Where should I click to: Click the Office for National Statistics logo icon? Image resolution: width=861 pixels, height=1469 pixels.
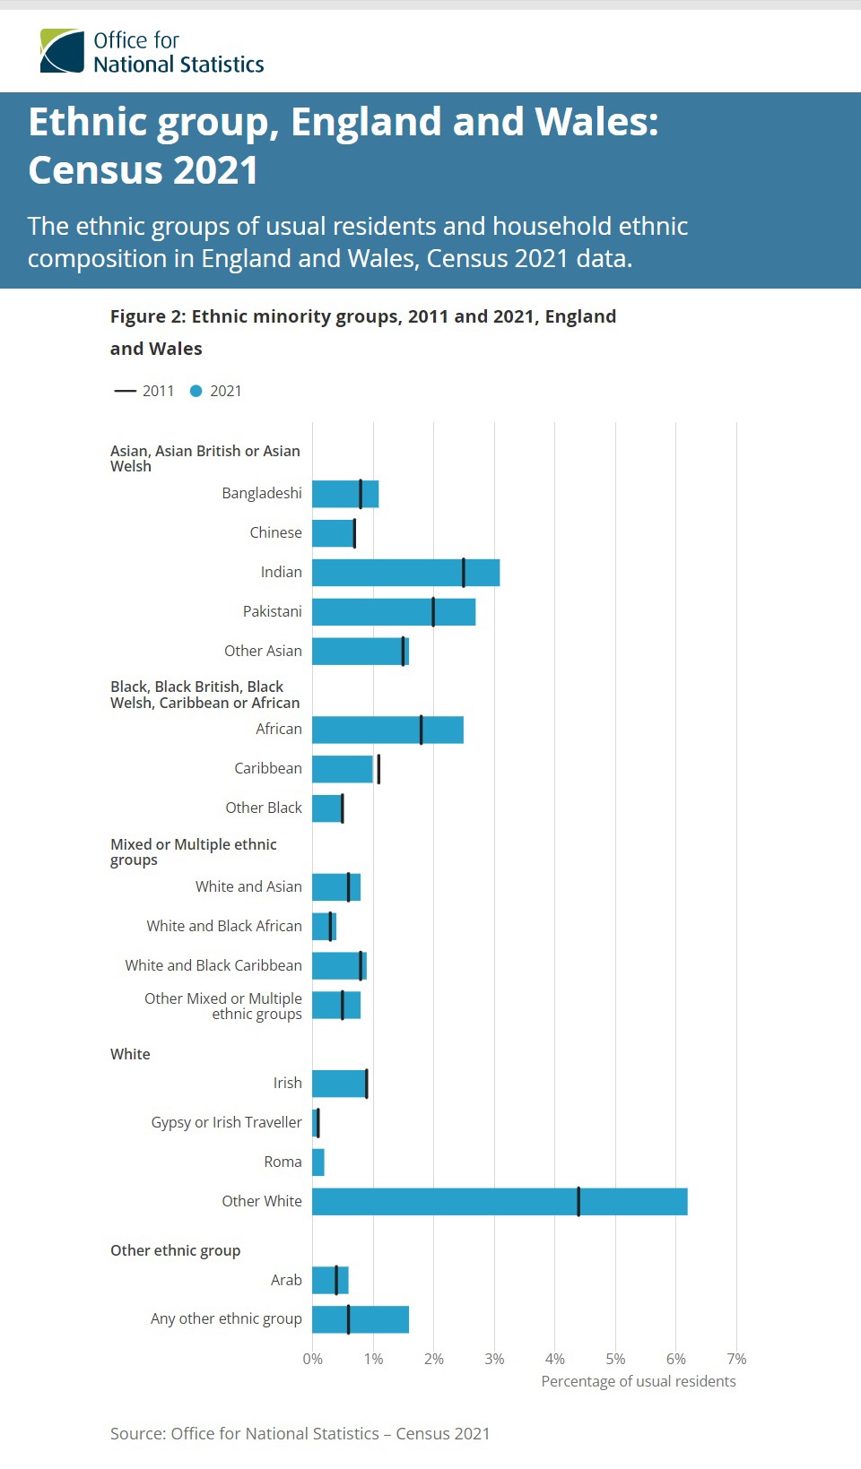(x=62, y=51)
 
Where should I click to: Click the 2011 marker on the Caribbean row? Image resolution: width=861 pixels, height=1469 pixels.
(x=378, y=769)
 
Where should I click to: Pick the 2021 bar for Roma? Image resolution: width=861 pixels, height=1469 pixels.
(x=318, y=1162)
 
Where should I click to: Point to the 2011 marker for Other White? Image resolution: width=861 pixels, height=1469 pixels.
(x=578, y=1202)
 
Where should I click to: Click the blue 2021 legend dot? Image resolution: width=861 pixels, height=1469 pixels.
(x=196, y=391)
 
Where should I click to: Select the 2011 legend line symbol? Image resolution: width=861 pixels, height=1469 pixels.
(x=125, y=391)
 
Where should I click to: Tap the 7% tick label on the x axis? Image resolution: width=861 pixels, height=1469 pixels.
(x=736, y=1359)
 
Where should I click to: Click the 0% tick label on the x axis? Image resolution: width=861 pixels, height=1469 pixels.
(x=312, y=1359)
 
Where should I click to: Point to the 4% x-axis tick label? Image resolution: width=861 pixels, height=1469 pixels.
(x=555, y=1359)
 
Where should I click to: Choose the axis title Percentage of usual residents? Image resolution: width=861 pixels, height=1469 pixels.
(x=638, y=1381)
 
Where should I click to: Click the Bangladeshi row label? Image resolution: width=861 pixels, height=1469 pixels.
(x=262, y=493)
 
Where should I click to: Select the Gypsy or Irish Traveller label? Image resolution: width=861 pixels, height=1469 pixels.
(x=226, y=1122)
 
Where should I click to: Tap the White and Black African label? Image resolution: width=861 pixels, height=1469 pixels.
(x=224, y=926)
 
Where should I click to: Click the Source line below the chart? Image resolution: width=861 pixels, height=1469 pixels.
(x=300, y=1433)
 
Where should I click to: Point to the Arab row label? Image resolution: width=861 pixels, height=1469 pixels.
(x=286, y=1280)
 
